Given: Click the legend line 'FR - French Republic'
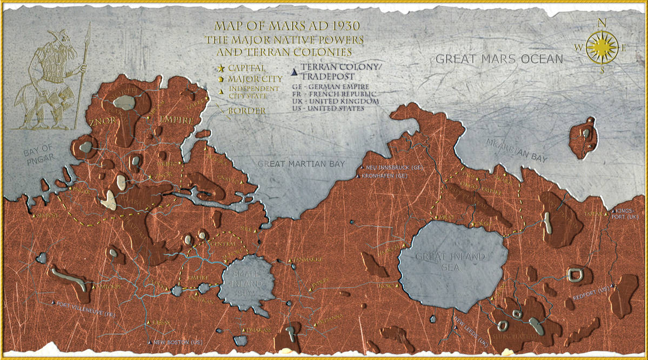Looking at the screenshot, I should point(331,94).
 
